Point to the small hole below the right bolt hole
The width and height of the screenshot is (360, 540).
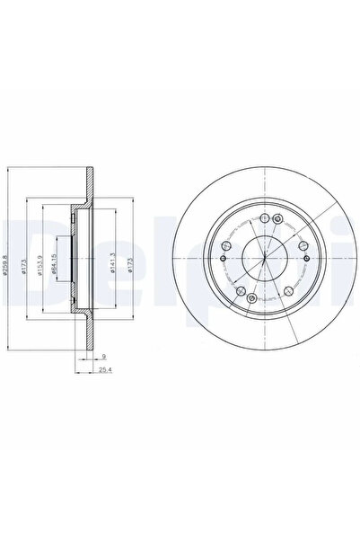pyautogui.click(x=307, y=259)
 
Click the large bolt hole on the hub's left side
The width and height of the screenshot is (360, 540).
pyautogui.click(x=224, y=243)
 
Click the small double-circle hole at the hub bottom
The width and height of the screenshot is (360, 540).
pyautogui.click(x=252, y=299)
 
